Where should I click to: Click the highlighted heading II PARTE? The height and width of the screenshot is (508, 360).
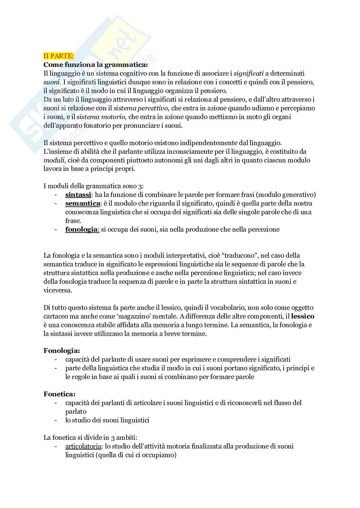tap(59, 56)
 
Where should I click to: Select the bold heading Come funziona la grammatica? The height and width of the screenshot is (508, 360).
tap(96, 65)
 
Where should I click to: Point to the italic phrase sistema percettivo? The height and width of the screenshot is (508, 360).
tap(142, 108)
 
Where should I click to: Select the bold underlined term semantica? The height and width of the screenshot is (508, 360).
tap(82, 203)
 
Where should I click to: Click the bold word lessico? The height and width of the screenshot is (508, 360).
tap(303, 316)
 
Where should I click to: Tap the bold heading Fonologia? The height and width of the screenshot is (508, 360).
tap(62, 351)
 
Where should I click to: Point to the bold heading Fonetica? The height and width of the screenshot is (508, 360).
tap(60, 394)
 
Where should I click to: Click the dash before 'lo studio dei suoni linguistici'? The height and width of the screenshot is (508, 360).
tap(56, 420)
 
